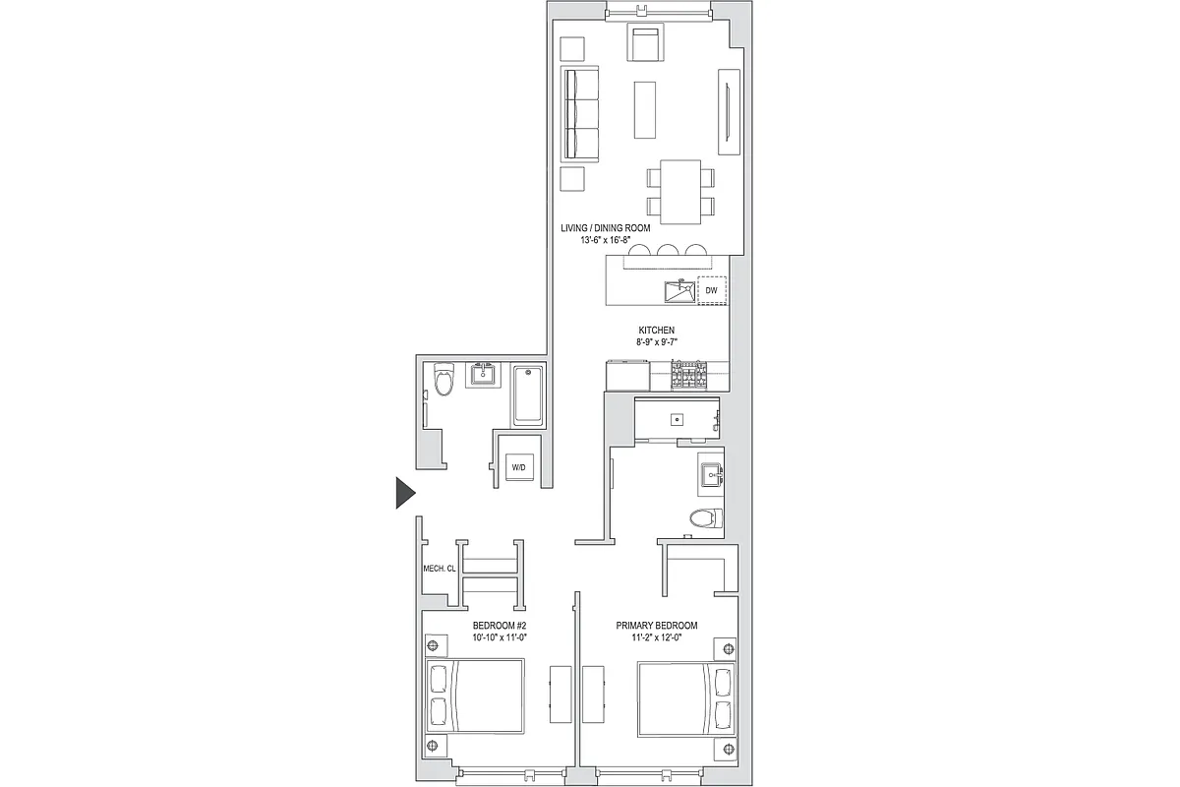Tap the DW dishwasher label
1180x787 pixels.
711,292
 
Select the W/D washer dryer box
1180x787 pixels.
518,468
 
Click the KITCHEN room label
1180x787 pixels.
656,331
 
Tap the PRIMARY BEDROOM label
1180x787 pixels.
657,626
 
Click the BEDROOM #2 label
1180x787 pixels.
501,626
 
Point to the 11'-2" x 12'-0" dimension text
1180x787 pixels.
657,637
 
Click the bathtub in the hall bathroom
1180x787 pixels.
528,395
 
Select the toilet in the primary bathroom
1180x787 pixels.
705,519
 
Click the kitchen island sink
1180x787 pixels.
678,292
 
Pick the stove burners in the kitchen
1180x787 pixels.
690,374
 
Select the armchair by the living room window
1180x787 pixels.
645,43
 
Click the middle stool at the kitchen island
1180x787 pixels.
669,251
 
